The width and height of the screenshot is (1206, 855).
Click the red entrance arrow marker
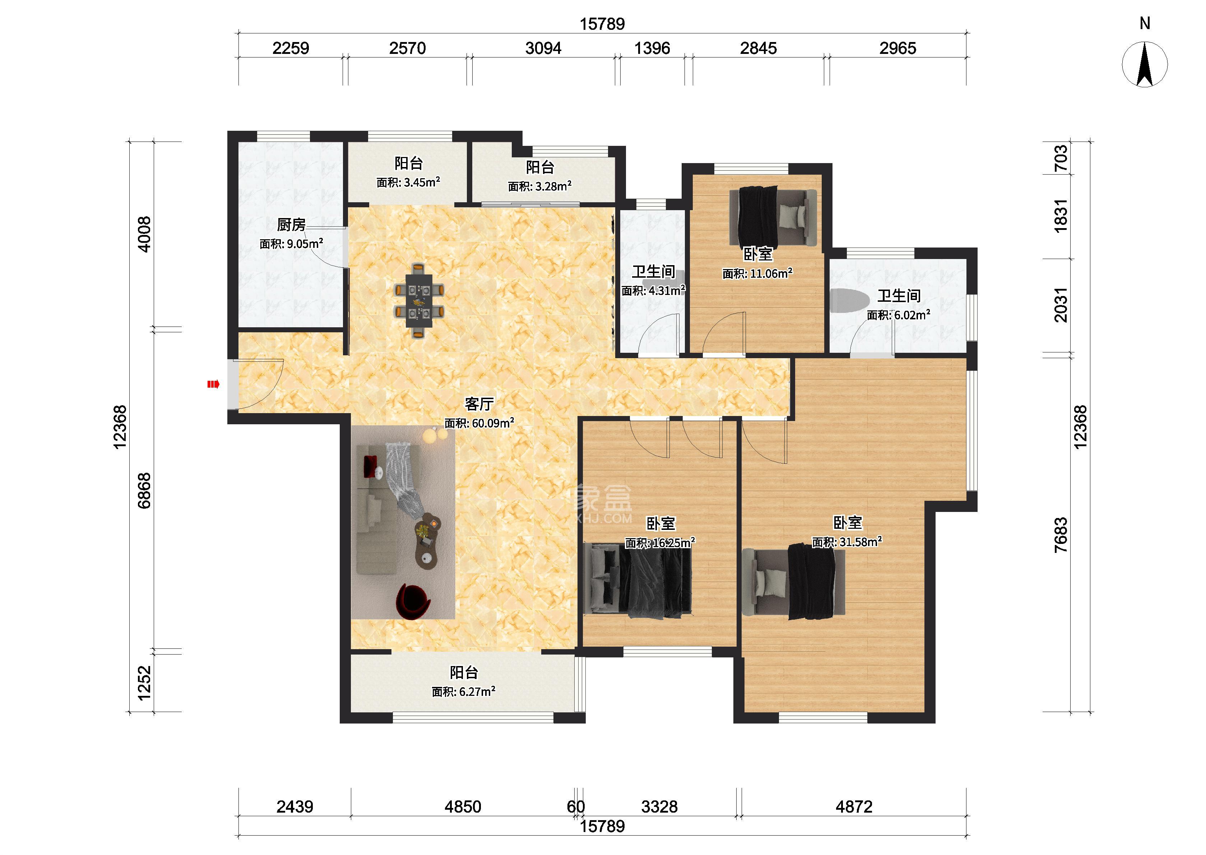(213, 384)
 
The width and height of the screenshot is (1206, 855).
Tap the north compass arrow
(1145, 64)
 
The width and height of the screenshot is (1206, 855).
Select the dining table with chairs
(419, 301)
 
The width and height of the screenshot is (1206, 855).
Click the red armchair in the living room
(414, 601)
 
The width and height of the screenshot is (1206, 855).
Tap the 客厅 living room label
(479, 404)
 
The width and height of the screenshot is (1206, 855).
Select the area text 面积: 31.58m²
(846, 542)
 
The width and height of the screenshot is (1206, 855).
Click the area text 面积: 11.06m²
(757, 273)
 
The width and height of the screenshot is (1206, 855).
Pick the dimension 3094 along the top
(543, 48)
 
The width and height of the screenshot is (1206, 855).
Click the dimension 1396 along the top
(652, 48)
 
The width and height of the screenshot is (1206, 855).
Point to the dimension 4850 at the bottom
(463, 807)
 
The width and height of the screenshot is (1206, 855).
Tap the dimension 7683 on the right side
(1061, 535)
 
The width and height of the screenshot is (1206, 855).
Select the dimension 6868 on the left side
(144, 491)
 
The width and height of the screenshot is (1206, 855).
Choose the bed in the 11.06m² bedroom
(773, 216)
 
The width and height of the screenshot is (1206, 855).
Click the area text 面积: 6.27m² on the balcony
(464, 692)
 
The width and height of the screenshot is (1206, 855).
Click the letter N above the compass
(1145, 23)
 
